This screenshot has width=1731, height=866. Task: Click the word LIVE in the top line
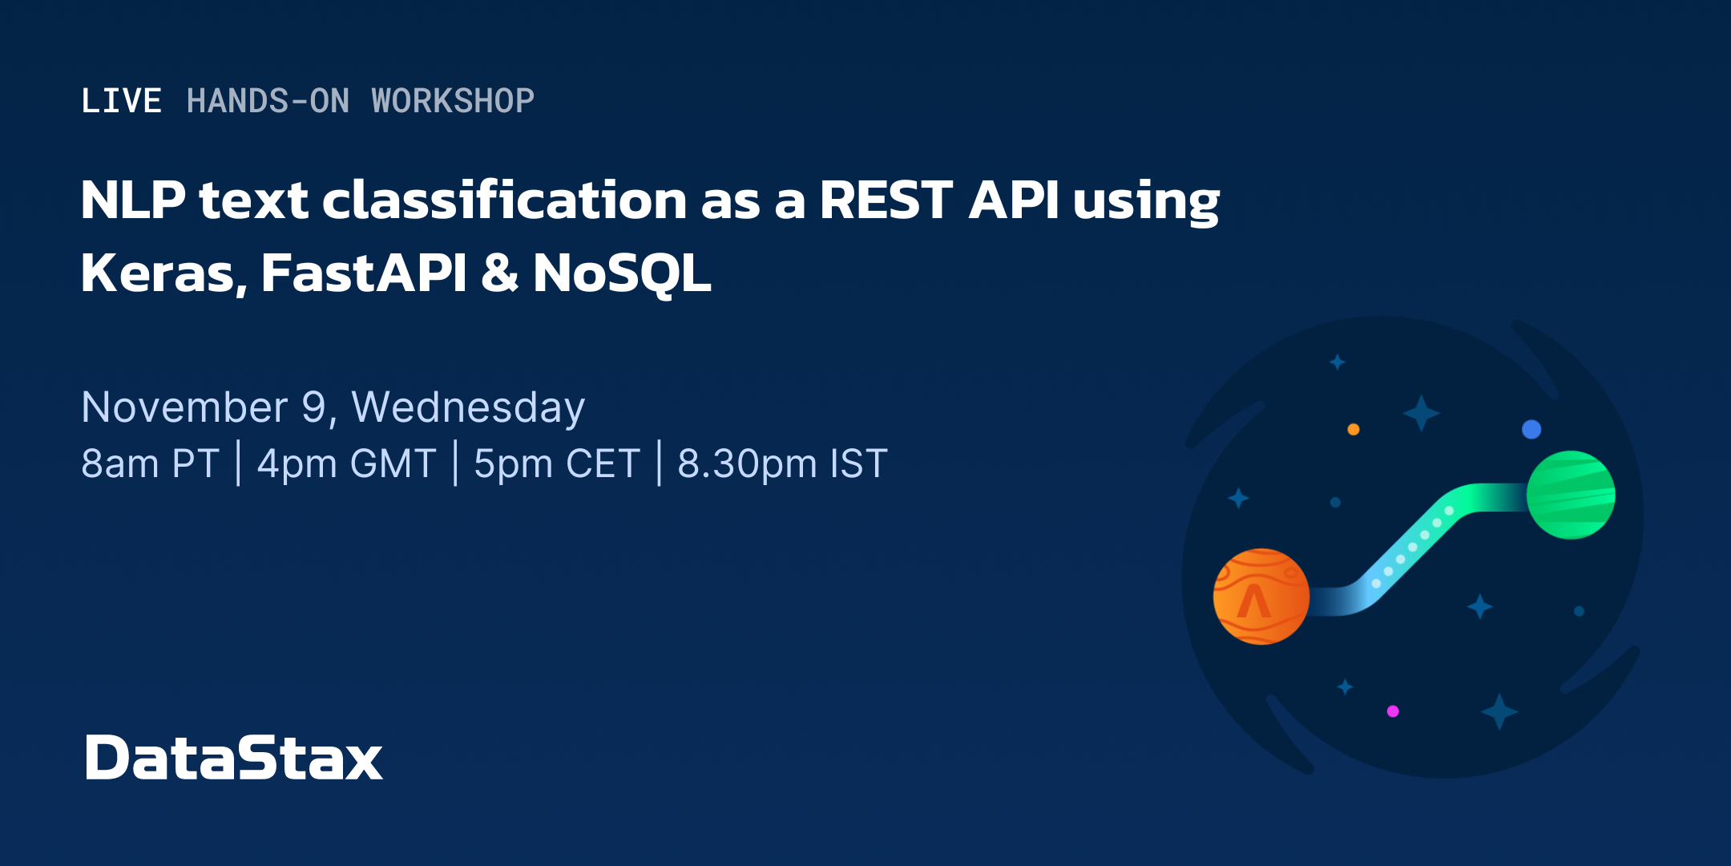tap(122, 101)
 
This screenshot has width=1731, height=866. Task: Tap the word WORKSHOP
tap(453, 101)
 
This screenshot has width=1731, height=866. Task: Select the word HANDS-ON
tap(268, 101)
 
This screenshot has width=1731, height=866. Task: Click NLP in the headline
tap(133, 200)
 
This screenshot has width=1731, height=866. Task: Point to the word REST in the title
tap(886, 200)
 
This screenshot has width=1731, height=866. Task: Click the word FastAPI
tap(363, 273)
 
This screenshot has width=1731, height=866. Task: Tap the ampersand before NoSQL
tap(500, 273)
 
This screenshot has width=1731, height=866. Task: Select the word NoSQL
tap(622, 273)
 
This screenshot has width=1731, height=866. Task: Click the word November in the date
tap(184, 407)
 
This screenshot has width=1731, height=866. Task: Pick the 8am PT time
tap(150, 463)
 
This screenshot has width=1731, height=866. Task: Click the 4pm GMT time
tap(346, 463)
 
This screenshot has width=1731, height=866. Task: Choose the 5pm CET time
tap(556, 463)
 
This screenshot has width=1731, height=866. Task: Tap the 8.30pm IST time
tap(782, 463)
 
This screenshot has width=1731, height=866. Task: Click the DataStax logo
tap(233, 757)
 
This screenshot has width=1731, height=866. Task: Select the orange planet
tap(1261, 597)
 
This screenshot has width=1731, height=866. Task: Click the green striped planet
tap(1571, 495)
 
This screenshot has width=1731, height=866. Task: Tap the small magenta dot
tap(1393, 711)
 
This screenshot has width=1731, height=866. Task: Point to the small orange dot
tap(1354, 429)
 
